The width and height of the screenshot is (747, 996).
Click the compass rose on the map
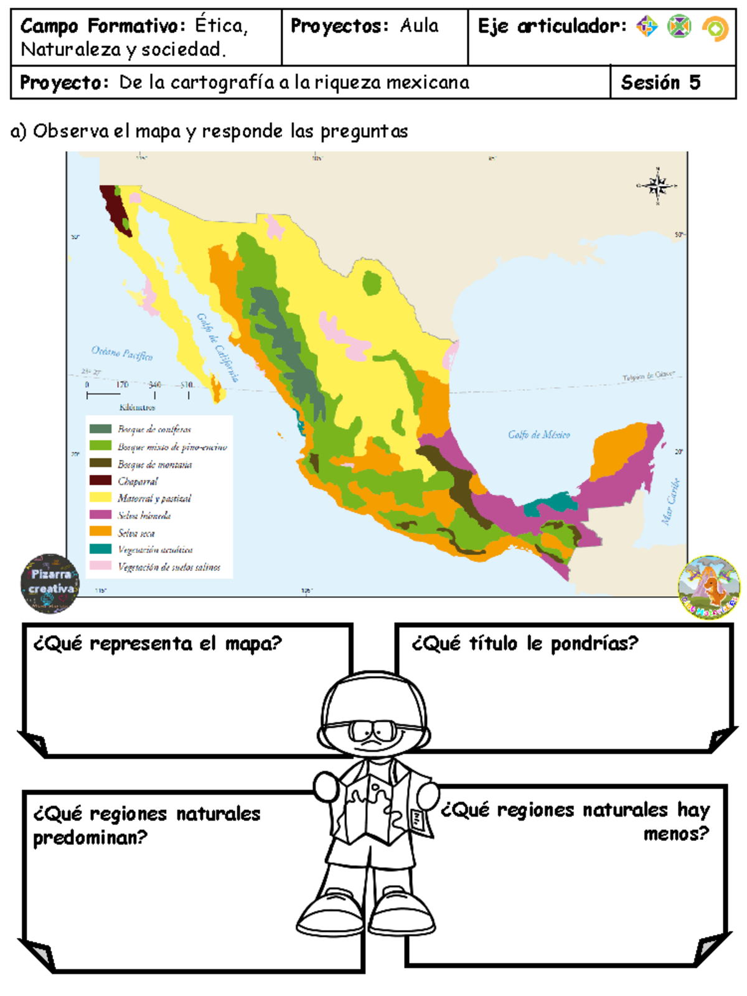[657, 186]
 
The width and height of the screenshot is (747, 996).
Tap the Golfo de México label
[538, 435]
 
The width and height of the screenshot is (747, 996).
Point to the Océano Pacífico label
[122, 353]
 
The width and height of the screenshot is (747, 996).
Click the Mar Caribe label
[670, 502]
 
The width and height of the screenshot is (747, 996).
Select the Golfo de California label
[218, 347]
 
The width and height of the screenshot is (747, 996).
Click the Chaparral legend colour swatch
[100, 481]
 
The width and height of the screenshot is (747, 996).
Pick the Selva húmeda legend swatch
[100, 515]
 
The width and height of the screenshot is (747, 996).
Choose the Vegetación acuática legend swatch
[100, 549]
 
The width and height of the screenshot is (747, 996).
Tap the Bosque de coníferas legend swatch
[100, 429]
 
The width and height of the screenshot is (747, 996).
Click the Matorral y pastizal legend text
[154, 498]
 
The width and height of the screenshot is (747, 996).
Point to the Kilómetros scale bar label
[137, 408]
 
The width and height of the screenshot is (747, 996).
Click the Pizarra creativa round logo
[50, 583]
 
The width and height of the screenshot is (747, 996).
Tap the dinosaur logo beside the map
[709, 587]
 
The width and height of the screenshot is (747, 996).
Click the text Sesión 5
[660, 82]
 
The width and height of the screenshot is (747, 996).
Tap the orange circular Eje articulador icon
[715, 29]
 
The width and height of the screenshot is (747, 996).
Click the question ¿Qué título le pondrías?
[525, 643]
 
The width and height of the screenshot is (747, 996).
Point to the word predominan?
[90, 838]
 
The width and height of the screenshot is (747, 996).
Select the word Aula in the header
[419, 26]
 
